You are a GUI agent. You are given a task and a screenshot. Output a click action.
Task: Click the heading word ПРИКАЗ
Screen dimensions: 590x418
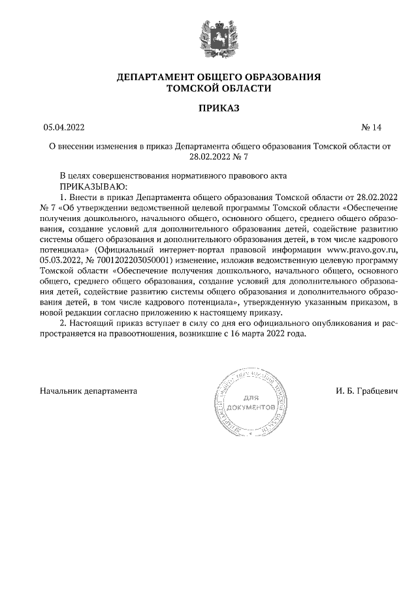coord(209,107)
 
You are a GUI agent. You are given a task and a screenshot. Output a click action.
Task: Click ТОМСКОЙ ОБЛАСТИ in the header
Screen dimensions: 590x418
coord(209,88)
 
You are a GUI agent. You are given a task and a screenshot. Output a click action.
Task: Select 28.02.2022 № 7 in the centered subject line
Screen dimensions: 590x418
coord(220,157)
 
